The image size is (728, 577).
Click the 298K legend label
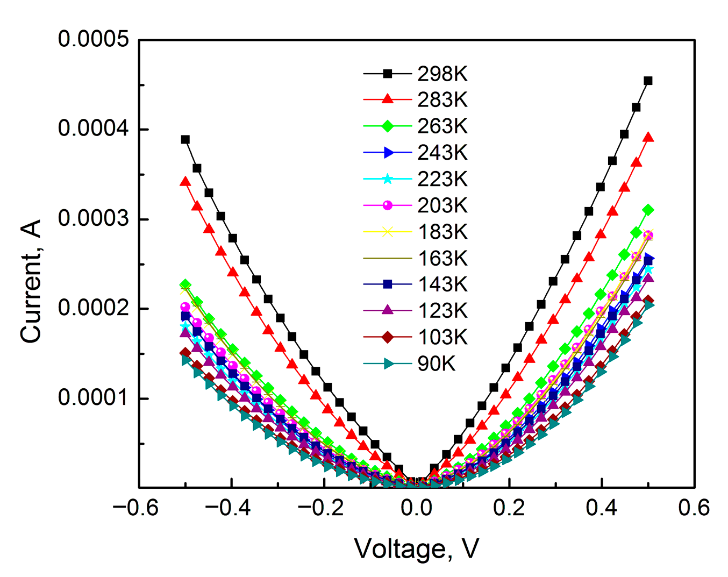coord(442,74)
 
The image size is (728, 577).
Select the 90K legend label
coord(436,364)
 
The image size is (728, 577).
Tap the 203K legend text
coord(442,205)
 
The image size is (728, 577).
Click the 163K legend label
coord(442,258)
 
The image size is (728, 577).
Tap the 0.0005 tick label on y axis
coord(94,39)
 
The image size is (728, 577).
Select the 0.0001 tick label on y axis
coord(94,398)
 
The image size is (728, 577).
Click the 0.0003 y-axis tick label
coord(94,219)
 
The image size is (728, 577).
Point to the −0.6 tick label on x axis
coord(135,508)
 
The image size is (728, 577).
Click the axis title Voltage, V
coord(416,549)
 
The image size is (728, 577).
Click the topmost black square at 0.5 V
coord(648,81)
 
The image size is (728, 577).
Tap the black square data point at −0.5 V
coord(185,139)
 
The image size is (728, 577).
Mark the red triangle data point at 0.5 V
coord(648,137)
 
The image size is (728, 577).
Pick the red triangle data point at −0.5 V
coord(185,182)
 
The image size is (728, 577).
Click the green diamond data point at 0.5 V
coord(648,210)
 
